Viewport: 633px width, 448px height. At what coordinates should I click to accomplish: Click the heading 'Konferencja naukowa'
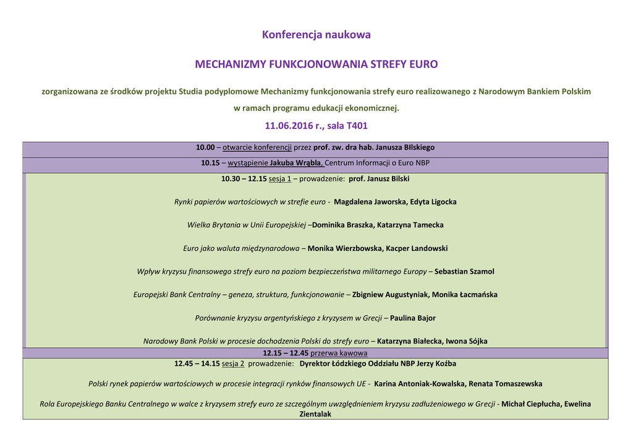316,35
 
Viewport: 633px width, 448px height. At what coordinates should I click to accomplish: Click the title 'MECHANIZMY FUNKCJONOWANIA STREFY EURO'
316,64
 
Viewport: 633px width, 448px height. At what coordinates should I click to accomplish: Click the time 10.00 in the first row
205,148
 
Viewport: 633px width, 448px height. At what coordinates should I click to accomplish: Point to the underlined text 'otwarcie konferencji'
257,148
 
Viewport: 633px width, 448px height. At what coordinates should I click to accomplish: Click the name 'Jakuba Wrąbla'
297,163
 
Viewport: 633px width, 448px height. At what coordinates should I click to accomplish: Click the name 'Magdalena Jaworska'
370,202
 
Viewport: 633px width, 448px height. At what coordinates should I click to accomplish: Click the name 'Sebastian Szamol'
464,271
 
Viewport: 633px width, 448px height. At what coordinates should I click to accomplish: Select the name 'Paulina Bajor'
412,318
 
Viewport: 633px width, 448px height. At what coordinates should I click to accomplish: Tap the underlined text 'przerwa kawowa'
339,353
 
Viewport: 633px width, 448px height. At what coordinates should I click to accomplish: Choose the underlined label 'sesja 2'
233,364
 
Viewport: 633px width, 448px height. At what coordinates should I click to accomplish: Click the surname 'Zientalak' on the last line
316,414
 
